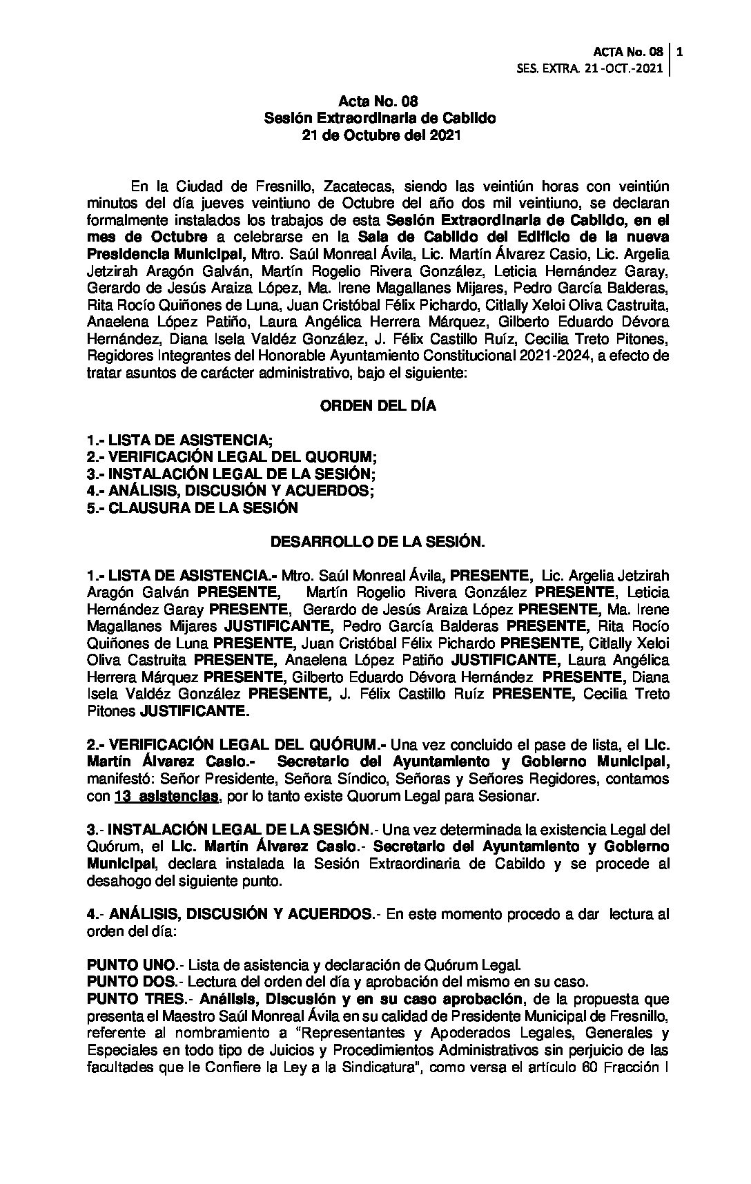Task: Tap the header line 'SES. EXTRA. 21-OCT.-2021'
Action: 590,68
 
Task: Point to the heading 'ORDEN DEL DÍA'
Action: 378,406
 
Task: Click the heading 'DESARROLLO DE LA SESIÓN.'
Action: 377,542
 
